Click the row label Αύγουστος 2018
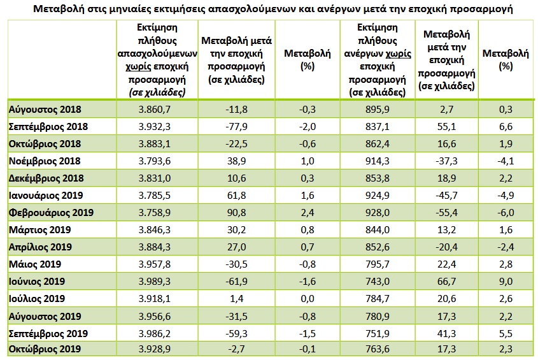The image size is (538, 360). tap(45, 110)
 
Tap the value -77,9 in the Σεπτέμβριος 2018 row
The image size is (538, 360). tap(237, 127)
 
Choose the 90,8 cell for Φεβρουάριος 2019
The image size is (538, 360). tap(237, 212)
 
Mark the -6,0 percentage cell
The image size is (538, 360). tap(506, 212)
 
